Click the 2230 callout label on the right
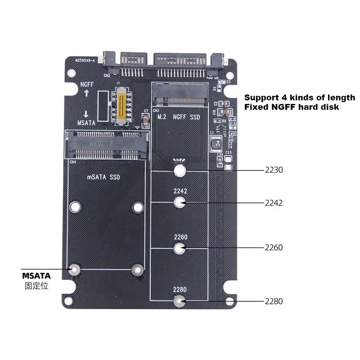[274, 170]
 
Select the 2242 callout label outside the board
[274, 203]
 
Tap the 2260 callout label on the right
[274, 247]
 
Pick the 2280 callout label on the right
[274, 301]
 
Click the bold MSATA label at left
[36, 275]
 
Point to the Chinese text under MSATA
[36, 286]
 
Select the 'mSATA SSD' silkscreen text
[103, 177]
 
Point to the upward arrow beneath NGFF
[86, 93]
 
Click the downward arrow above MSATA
[86, 114]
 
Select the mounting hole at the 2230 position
[180, 170]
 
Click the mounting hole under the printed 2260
[180, 247]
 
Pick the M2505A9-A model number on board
[85, 59]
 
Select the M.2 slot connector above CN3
[180, 97]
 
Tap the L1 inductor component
[216, 144]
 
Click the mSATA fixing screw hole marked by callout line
[74, 270]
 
